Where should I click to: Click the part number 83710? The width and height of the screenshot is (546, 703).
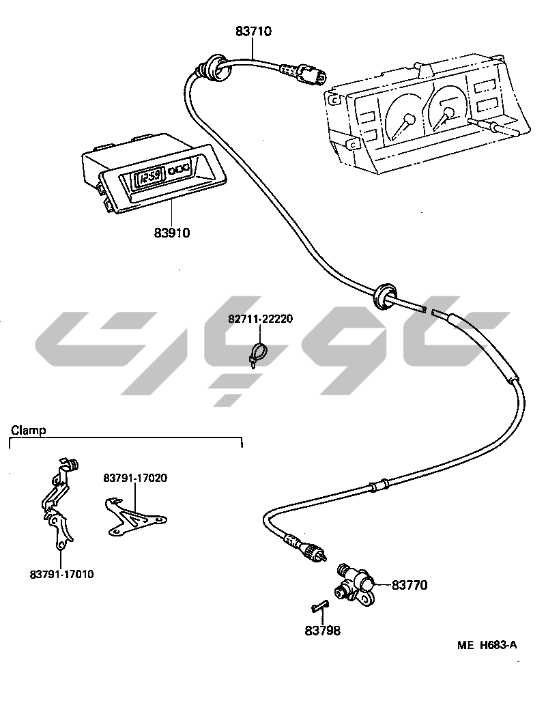pos(254,31)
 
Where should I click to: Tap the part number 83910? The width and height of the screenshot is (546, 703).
pos(171,233)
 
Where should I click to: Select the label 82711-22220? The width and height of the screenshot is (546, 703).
pos(260,319)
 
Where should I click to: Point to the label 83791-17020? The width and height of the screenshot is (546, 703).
pos(135,478)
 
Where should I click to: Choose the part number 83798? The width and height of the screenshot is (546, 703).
pos(322,631)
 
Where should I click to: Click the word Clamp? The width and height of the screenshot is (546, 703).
pos(28,430)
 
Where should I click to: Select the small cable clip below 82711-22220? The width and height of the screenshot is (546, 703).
pos(257,354)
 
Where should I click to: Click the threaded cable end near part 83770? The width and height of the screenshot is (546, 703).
pos(315,553)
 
